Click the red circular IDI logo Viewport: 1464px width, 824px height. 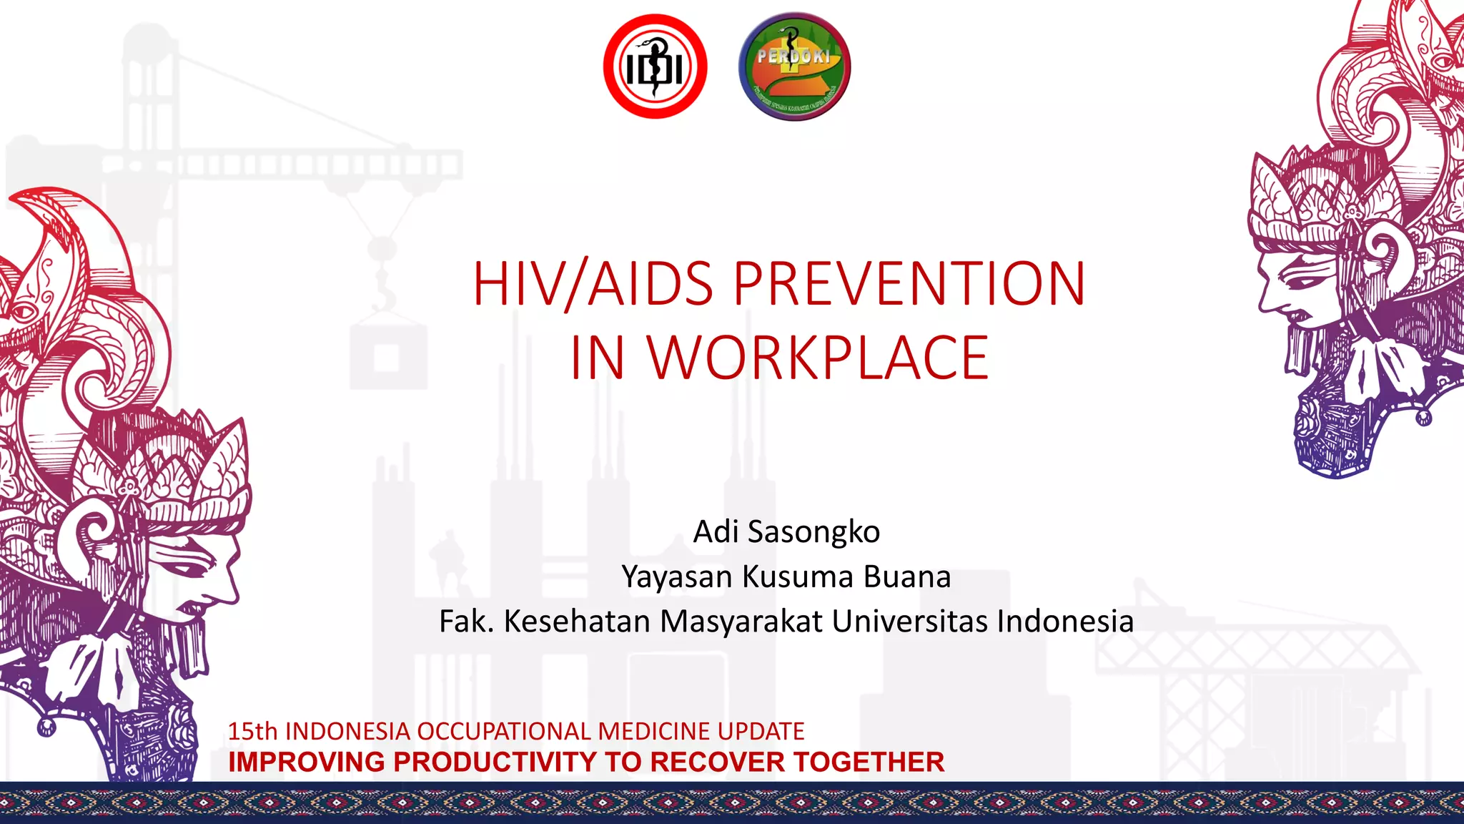655,67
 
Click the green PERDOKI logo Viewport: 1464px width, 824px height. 794,67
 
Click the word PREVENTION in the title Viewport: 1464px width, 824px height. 909,284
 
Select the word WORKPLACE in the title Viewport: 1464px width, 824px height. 818,358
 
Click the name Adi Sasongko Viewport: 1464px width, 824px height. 786,531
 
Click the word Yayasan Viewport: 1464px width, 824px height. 677,577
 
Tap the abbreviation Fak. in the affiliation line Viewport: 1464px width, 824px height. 465,621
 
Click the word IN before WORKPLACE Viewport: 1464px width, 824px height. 597,358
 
